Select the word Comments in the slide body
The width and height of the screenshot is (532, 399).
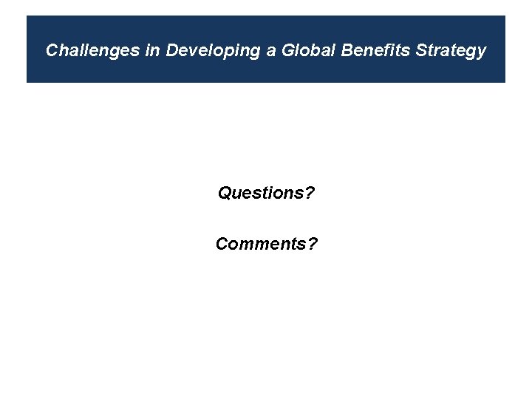[261, 244]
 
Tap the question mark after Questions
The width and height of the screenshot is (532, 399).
[310, 194]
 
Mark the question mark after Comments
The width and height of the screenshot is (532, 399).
[313, 244]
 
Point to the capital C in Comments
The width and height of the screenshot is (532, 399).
[222, 244]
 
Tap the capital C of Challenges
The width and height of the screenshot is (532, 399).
[52, 50]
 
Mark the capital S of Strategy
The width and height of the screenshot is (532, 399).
[422, 50]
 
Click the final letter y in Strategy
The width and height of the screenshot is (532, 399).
[482, 52]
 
